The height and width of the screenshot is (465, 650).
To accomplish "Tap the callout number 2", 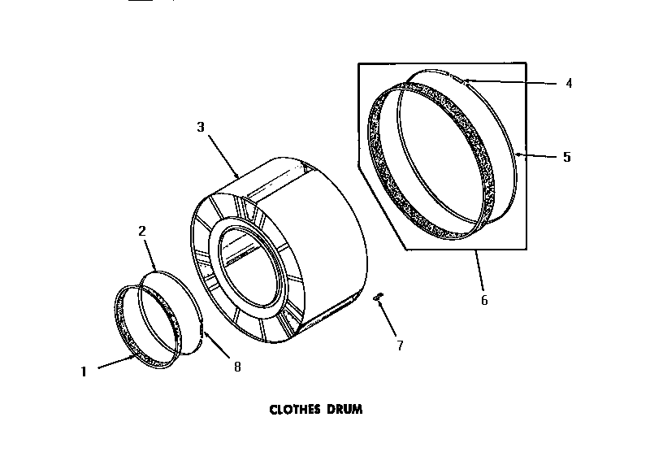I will (x=142, y=231).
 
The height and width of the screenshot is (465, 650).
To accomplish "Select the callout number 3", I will (x=201, y=127).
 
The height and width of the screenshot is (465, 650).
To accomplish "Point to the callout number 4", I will (x=569, y=83).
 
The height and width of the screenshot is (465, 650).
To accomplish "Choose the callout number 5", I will (x=566, y=156).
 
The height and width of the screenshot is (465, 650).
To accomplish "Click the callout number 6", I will (x=484, y=300).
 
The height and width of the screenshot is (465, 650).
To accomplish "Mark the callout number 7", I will (x=399, y=345).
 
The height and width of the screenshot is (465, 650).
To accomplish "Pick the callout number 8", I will (x=237, y=367).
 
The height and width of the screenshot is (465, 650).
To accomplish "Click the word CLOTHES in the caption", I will (x=297, y=410).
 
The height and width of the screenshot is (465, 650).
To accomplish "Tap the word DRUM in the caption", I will (x=346, y=410).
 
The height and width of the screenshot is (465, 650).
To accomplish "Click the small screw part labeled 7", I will (x=377, y=298).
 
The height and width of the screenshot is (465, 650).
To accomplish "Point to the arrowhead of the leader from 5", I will (x=518, y=154).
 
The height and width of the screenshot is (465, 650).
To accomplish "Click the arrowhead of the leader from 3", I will (x=236, y=177).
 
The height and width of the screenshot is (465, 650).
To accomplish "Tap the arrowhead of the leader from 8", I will (x=202, y=330).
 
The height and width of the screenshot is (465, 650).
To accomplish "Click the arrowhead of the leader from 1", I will (x=136, y=355).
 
